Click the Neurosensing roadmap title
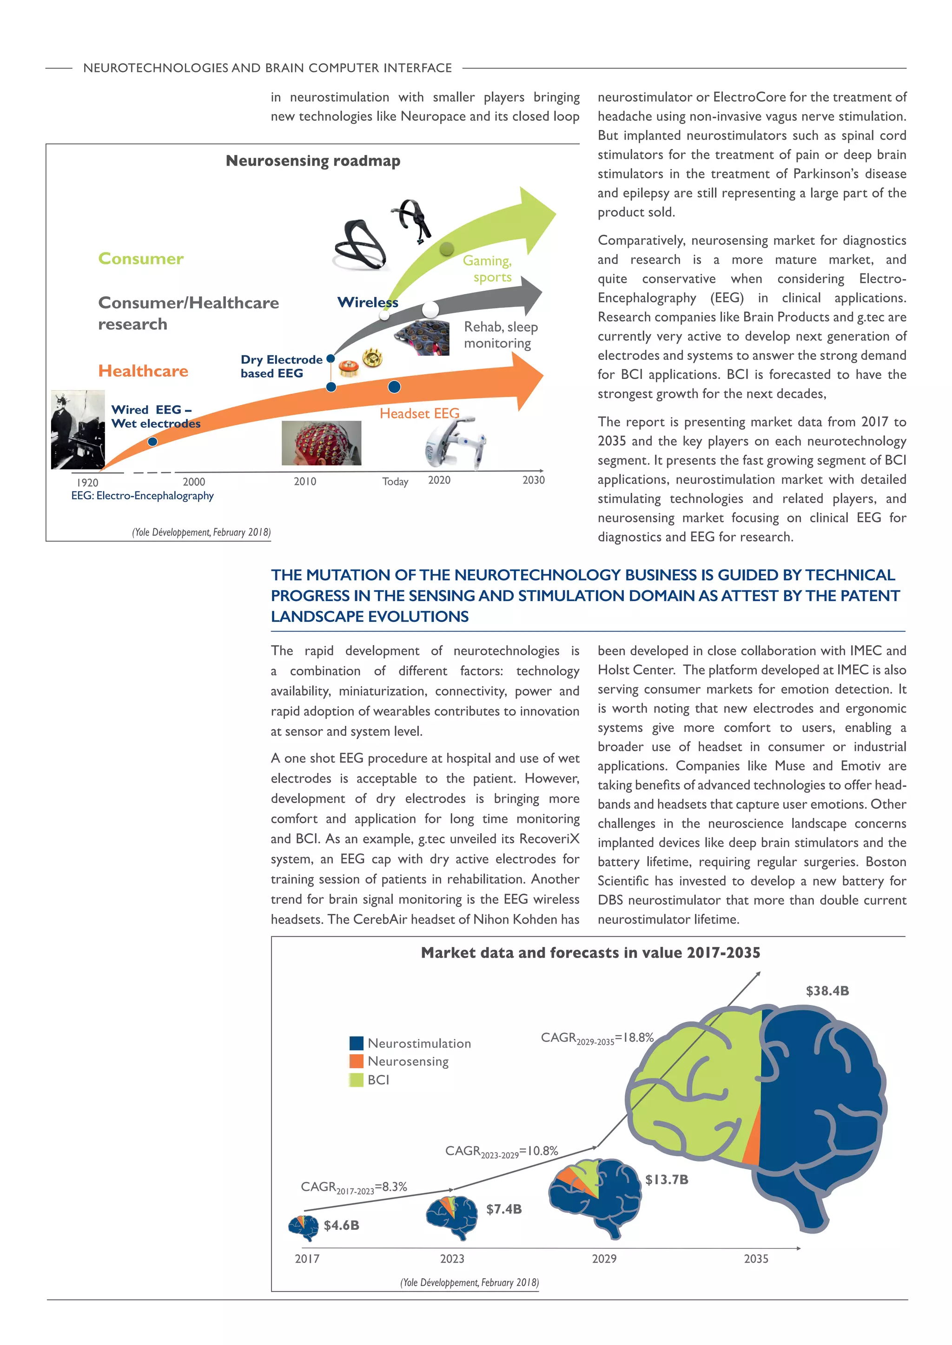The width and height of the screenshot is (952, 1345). pyautogui.click(x=313, y=161)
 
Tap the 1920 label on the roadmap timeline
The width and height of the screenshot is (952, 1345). pyautogui.click(x=87, y=482)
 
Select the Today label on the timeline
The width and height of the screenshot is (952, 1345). pyautogui.click(x=395, y=482)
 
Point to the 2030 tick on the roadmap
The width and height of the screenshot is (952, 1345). pyautogui.click(x=534, y=480)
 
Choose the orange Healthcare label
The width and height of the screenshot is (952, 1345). pyautogui.click(x=143, y=371)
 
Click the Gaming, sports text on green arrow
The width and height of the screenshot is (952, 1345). pyautogui.click(x=488, y=268)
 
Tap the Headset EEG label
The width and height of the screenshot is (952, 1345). pyautogui.click(x=419, y=413)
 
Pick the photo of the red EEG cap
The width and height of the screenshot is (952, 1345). pyautogui.click(x=321, y=444)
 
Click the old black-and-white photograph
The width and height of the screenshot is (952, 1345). pyautogui.click(x=78, y=430)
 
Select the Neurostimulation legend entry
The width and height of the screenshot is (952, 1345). pyautogui.click(x=410, y=1043)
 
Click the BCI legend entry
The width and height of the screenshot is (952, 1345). pyautogui.click(x=369, y=1080)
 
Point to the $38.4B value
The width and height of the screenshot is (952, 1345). pyautogui.click(x=827, y=991)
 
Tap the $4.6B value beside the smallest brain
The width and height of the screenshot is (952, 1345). pyautogui.click(x=341, y=1225)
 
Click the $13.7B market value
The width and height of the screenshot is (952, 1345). pyautogui.click(x=667, y=1179)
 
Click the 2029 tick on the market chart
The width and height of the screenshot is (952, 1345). pyautogui.click(x=604, y=1258)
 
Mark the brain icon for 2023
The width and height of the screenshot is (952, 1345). pyautogui.click(x=451, y=1217)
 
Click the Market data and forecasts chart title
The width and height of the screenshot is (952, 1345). pyautogui.click(x=590, y=953)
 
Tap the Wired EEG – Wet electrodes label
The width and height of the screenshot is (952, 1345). pyautogui.click(x=155, y=417)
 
